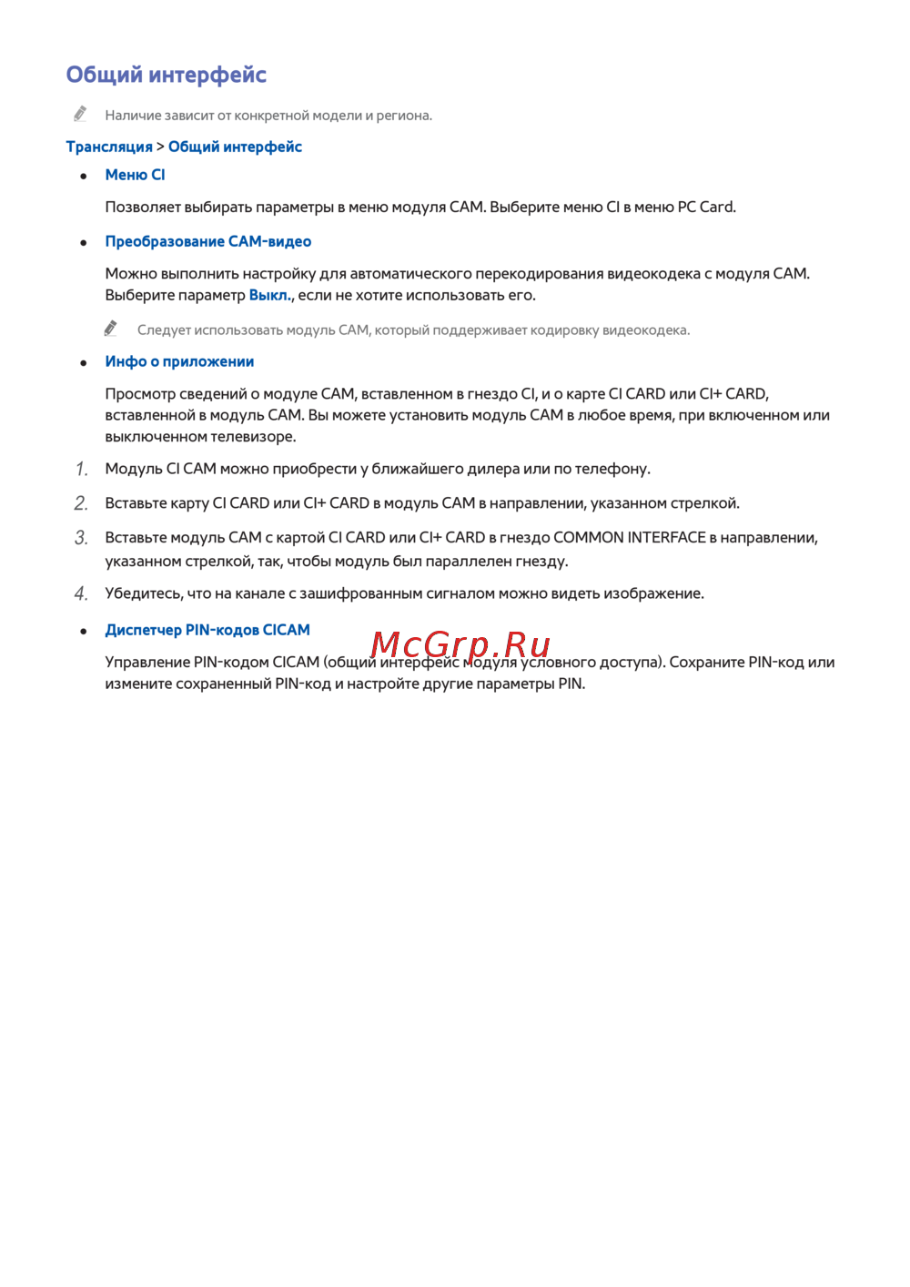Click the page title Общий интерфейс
[166, 75]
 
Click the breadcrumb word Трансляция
[109, 147]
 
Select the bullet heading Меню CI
[135, 175]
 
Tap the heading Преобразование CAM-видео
[207, 241]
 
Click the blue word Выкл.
[269, 295]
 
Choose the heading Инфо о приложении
[179, 361]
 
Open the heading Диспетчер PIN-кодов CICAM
[207, 630]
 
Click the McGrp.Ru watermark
[460, 644]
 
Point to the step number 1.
[82, 469]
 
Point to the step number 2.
[82, 503]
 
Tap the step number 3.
[82, 538]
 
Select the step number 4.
[82, 594]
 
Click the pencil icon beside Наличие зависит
[81, 114]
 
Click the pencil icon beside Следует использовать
[111, 328]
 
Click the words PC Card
[705, 207]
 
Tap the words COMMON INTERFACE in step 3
[629, 537]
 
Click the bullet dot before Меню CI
[84, 176]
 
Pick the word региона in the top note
[403, 116]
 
